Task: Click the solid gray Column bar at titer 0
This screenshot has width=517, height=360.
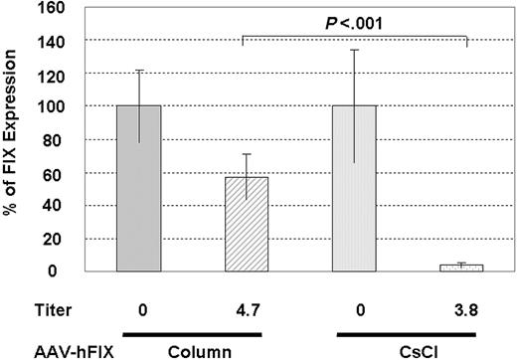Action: (x=138, y=187)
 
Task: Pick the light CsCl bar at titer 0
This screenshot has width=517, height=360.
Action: (x=354, y=187)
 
